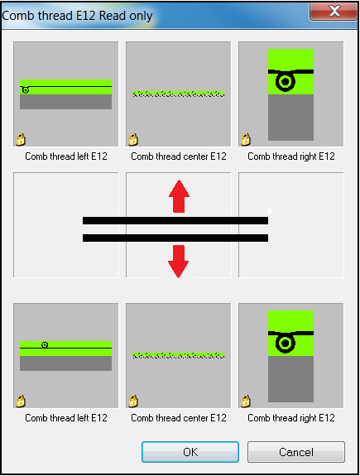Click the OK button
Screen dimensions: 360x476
pyautogui.click(x=190, y=452)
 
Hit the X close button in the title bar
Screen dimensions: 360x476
pyautogui.click(x=334, y=12)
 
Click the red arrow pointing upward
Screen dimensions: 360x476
pyautogui.click(x=179, y=196)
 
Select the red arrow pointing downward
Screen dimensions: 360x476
pyautogui.click(x=179, y=262)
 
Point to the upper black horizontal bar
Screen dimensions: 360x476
pyautogui.click(x=175, y=220)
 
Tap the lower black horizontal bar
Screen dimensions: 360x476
pyautogui.click(x=175, y=238)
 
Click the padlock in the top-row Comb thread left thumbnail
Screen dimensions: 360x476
pyautogui.click(x=21, y=139)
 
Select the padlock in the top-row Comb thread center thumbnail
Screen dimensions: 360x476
pyautogui.click(x=133, y=139)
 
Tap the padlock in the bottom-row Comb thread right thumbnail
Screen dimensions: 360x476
pyautogui.click(x=246, y=401)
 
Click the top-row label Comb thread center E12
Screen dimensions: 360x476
pyautogui.click(x=179, y=156)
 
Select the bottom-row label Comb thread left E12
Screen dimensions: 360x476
pyautogui.click(x=66, y=418)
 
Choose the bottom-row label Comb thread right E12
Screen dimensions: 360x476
pyautogui.click(x=291, y=418)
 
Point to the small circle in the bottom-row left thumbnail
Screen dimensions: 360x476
pyautogui.click(x=45, y=345)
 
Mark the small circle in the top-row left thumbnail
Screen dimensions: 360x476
pyautogui.click(x=26, y=90)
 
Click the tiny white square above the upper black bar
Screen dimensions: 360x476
pyautogui.click(x=269, y=211)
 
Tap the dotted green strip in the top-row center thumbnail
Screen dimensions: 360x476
pyautogui.click(x=179, y=94)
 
